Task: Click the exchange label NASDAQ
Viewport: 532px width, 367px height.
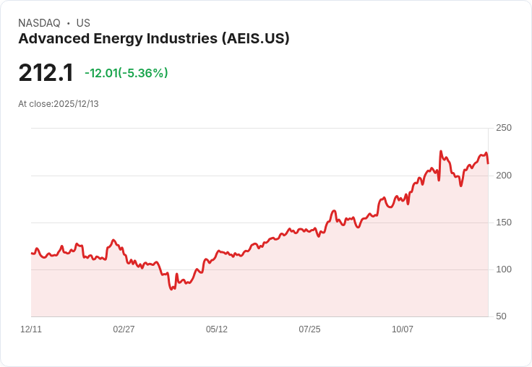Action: point(39,23)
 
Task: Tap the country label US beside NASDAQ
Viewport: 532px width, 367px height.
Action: point(83,23)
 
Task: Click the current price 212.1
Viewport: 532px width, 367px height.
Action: point(46,72)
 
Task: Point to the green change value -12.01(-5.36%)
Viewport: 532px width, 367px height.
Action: point(126,73)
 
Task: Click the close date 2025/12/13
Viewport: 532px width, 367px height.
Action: point(75,104)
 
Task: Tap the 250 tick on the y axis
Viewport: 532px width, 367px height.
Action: point(503,128)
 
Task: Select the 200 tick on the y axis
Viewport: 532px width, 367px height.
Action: point(503,175)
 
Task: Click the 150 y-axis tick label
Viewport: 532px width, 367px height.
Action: point(503,222)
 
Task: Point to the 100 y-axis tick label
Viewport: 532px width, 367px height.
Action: point(503,269)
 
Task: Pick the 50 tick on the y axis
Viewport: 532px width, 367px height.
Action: point(500,316)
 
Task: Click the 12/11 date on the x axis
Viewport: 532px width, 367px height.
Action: point(31,329)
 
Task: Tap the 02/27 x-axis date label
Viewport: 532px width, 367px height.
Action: point(124,329)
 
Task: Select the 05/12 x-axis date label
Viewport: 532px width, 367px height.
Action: point(217,329)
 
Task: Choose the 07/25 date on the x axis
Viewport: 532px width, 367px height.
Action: point(309,329)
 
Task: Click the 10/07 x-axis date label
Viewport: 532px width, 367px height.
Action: point(403,329)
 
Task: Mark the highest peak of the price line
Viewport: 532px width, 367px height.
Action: point(441,152)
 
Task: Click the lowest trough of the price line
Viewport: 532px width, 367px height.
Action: point(171,289)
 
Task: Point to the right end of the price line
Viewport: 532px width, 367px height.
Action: point(488,163)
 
